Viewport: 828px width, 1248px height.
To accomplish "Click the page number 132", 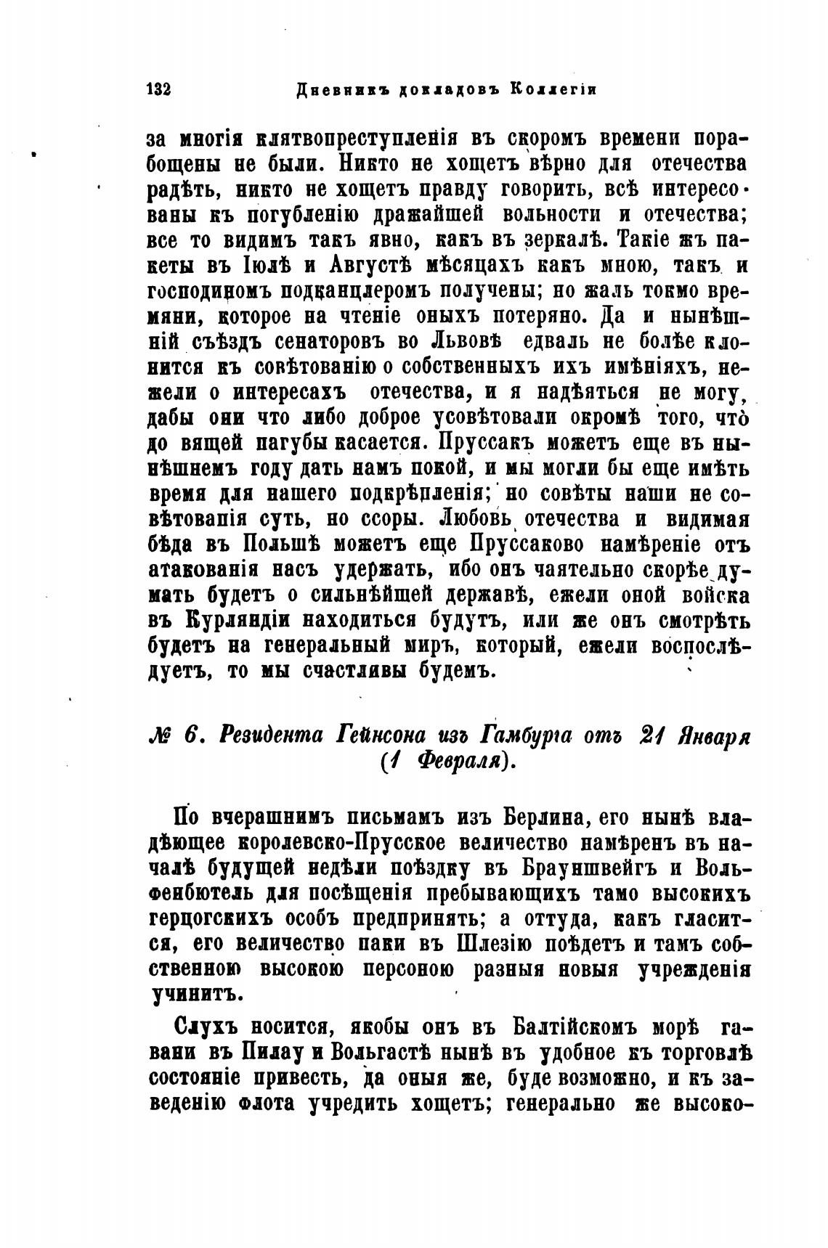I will point(158,89).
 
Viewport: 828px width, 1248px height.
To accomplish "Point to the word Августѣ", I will point(374,265).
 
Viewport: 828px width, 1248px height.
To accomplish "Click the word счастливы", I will point(349,672).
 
